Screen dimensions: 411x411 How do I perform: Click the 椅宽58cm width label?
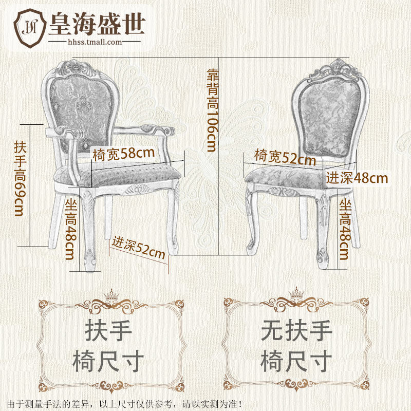pos(124,154)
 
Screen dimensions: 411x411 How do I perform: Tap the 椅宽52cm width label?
pos(285,157)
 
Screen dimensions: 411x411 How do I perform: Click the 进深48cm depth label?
pos(357,178)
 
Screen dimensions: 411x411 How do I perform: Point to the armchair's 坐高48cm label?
pos(70,229)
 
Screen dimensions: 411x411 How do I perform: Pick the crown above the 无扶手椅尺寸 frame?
pos(296,294)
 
